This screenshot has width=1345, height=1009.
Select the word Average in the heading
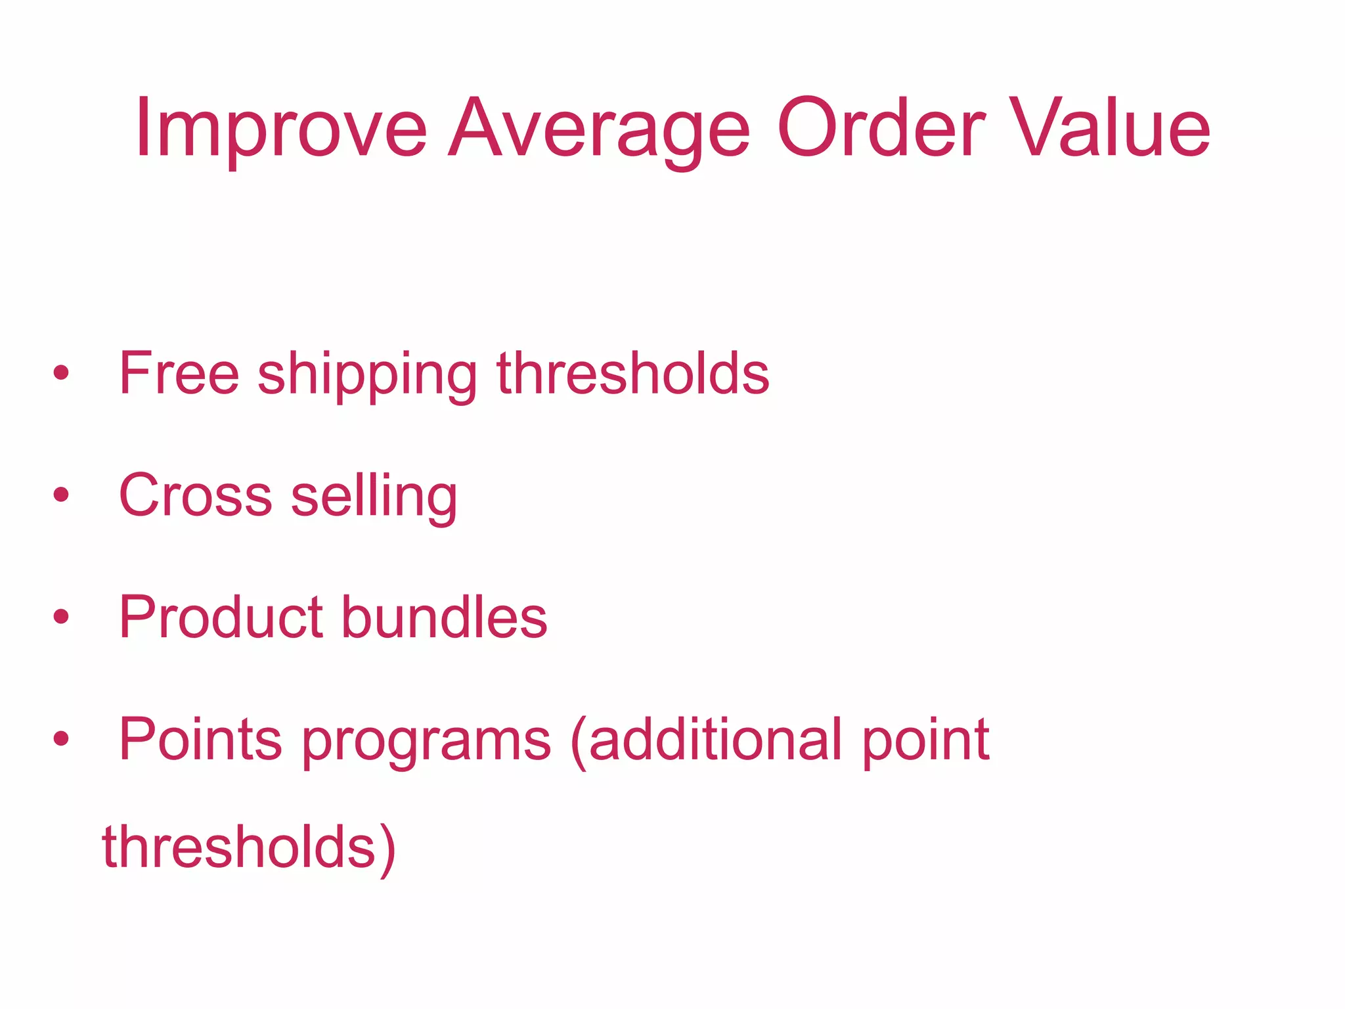pos(598,129)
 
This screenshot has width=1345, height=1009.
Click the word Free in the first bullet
pos(179,373)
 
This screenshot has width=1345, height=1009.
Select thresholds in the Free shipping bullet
pos(633,373)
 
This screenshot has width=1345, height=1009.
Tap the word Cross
pos(195,495)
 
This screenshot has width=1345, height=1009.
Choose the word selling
pos(374,497)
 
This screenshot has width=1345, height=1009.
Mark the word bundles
pos(445,617)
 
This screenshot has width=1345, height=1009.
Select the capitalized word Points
pos(200,740)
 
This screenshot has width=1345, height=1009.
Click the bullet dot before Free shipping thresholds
pos(62,373)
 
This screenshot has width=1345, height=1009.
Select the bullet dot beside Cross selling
pos(62,495)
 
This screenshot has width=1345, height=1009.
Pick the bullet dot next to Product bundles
pos(62,617)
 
